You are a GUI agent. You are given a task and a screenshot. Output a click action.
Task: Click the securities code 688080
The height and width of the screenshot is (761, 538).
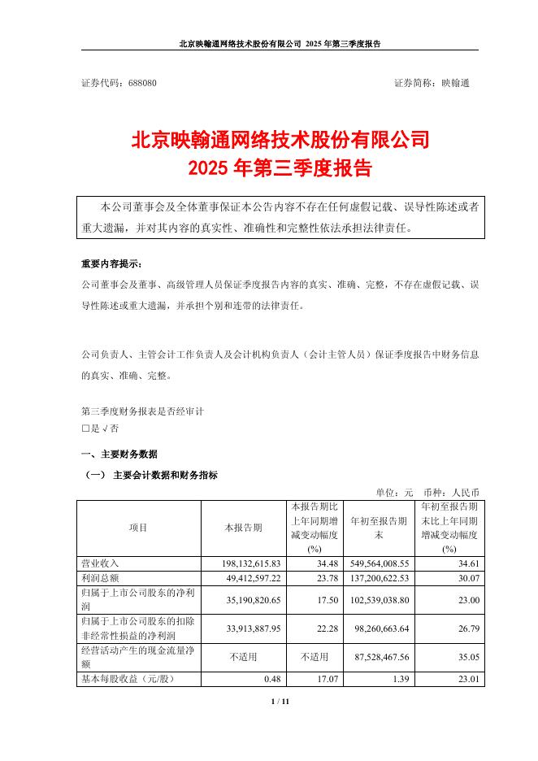(142, 83)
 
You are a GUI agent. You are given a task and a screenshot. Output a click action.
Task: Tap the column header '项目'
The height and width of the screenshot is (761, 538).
(138, 528)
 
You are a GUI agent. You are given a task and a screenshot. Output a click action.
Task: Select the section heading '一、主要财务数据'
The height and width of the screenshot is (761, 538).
(119, 454)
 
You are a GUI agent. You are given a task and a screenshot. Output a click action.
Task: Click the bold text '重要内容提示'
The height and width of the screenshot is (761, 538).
(111, 264)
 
